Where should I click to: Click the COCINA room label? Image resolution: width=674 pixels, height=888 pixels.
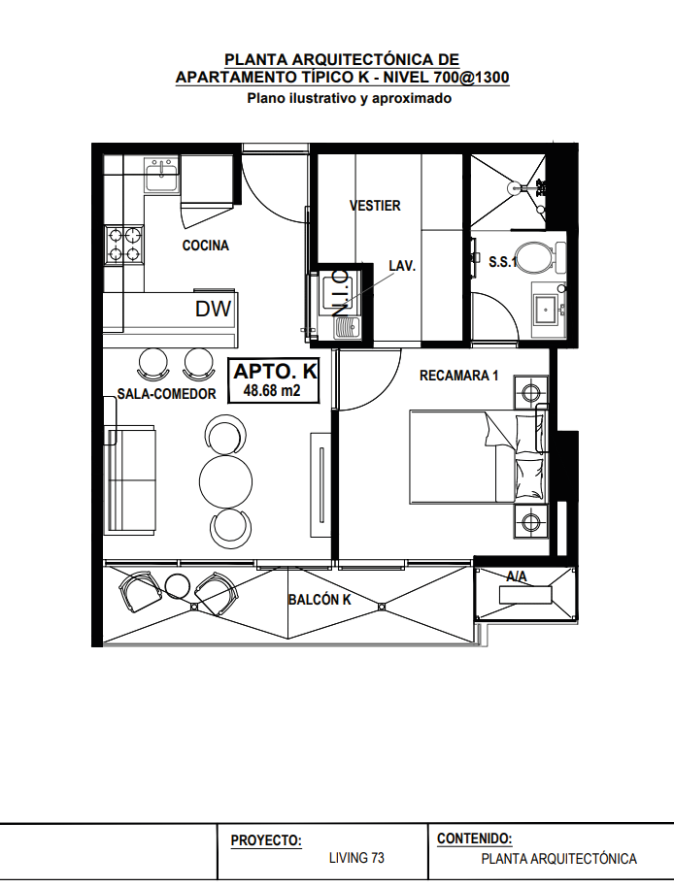coord(205,246)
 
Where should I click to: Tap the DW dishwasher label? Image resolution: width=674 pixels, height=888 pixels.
coord(213,309)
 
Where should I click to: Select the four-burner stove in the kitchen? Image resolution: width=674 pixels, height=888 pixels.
coord(124,245)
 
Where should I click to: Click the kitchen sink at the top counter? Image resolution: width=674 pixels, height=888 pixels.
coord(162,175)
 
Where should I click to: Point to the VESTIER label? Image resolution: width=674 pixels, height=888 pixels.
coord(375,205)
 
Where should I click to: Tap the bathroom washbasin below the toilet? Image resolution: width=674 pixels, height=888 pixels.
coord(547,310)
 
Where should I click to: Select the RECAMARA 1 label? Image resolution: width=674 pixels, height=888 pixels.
coord(458,376)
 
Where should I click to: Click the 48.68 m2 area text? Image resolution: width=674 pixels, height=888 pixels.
coord(272,390)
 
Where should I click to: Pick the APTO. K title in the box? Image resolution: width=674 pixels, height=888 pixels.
coord(275,372)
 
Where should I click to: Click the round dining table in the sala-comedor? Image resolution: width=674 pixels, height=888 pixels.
coord(226,480)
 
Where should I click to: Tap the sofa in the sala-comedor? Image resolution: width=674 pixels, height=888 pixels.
coord(130,479)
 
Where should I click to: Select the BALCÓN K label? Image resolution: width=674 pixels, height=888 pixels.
coord(320,599)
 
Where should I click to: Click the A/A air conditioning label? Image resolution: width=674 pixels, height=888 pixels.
coord(517,576)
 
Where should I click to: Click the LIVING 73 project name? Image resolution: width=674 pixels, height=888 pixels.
coord(356,858)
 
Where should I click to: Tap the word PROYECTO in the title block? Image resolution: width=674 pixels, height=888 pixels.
coord(266,840)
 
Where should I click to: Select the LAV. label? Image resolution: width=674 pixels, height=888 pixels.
coord(402,266)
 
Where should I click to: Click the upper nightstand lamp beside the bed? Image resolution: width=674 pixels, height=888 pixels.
coord(531,391)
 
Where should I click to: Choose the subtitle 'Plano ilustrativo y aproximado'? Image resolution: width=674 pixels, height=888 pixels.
coord(350,99)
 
